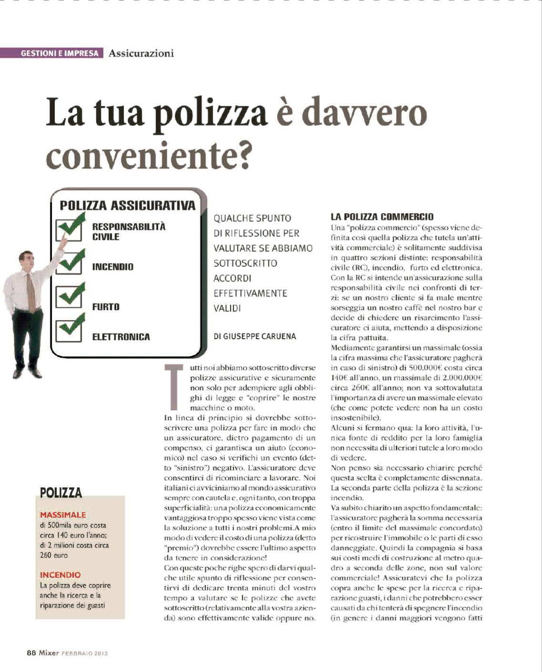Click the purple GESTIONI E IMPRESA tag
[x=60, y=53]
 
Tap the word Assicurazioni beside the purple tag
[x=141, y=53]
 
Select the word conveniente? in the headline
[x=148, y=155]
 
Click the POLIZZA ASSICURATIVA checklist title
[x=127, y=206]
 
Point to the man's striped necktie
[x=31, y=291]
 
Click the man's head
[x=27, y=260]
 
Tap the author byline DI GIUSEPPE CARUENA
[x=255, y=337]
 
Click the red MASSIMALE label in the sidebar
[x=63, y=515]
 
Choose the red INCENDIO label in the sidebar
[x=60, y=575]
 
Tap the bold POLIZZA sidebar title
[x=61, y=493]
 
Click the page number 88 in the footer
[x=31, y=653]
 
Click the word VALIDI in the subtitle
[x=227, y=308]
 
